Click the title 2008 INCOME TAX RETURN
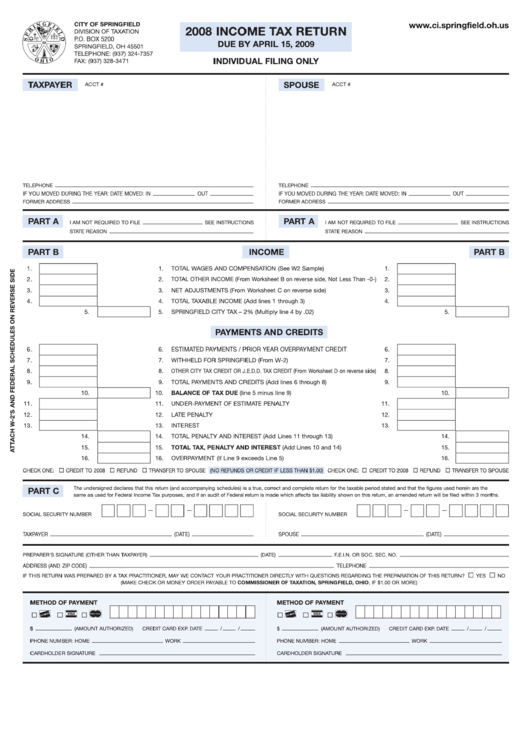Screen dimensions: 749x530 click(x=267, y=33)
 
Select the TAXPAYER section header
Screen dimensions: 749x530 click(x=49, y=86)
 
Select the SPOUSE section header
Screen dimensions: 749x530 click(x=301, y=86)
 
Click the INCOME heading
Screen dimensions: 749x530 click(x=266, y=252)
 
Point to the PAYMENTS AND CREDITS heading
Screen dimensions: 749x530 click(x=266, y=331)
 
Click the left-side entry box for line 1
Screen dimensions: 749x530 click(x=68, y=269)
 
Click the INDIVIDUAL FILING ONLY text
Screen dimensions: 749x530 click(x=266, y=62)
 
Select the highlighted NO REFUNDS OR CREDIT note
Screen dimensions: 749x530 click(x=267, y=469)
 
